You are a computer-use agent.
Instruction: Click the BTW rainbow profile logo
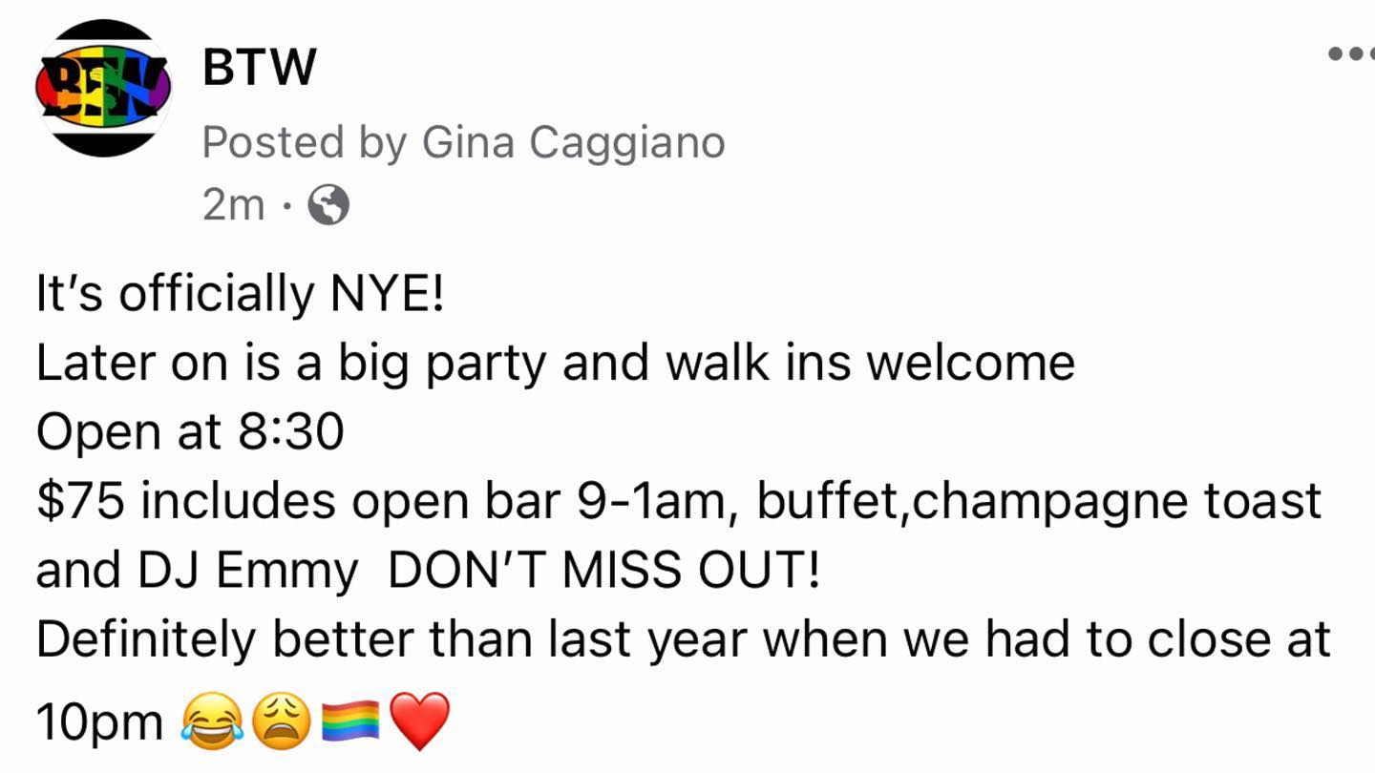tap(104, 88)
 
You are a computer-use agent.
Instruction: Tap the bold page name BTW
tap(260, 67)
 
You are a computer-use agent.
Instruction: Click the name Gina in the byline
tap(468, 142)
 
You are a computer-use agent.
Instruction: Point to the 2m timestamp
tap(233, 204)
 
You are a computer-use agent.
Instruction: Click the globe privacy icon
tap(328, 204)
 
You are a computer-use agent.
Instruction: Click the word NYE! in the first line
tap(387, 293)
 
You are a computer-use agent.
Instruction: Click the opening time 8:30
tap(291, 432)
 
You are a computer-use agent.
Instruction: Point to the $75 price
tap(81, 501)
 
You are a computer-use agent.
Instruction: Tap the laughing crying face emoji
tap(212, 721)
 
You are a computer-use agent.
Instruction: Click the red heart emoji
tap(420, 721)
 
